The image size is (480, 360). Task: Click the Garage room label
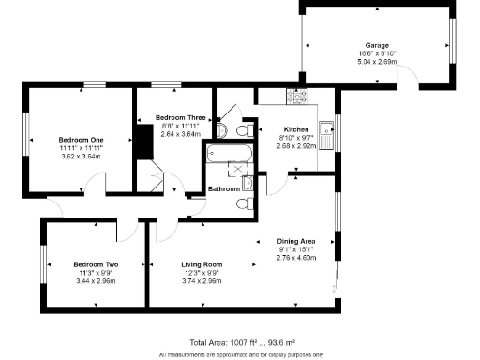pos(377,45)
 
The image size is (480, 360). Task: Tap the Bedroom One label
pos(82,139)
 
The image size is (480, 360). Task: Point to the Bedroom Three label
pos(181,117)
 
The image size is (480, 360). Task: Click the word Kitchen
pos(296,127)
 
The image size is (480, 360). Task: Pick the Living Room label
pos(201,264)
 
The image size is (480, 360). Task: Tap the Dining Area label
pos(295,242)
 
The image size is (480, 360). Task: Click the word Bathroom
pos(224,188)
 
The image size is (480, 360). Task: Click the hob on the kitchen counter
pos(298,96)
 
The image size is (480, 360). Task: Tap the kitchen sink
pos(326,137)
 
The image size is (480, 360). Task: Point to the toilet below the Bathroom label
pos(244,203)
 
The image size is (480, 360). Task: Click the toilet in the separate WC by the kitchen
pos(243,129)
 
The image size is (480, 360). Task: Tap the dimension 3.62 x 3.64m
pos(82,156)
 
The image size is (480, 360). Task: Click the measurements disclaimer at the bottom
pos(241,354)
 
